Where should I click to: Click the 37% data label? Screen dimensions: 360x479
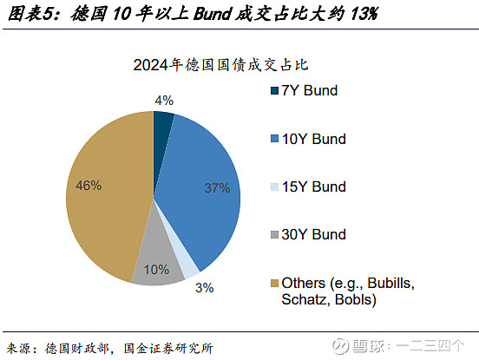216,187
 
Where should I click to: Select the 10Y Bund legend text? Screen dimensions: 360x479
314,139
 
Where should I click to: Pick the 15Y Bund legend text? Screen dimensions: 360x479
314,187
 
